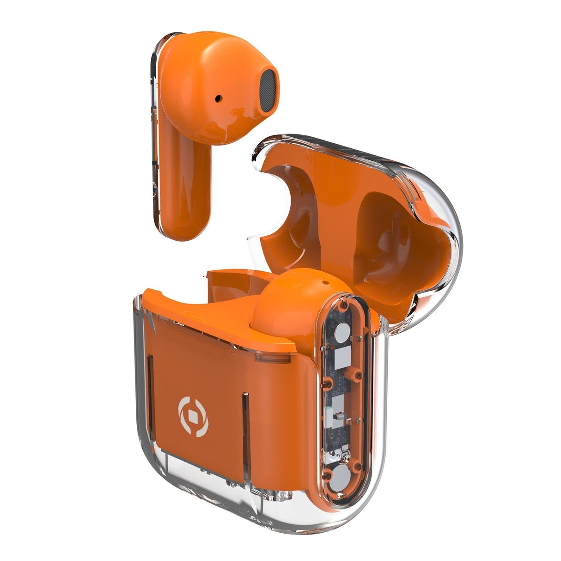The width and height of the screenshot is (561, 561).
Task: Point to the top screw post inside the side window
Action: [342, 305]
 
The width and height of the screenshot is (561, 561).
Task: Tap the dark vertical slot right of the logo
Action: [245, 416]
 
